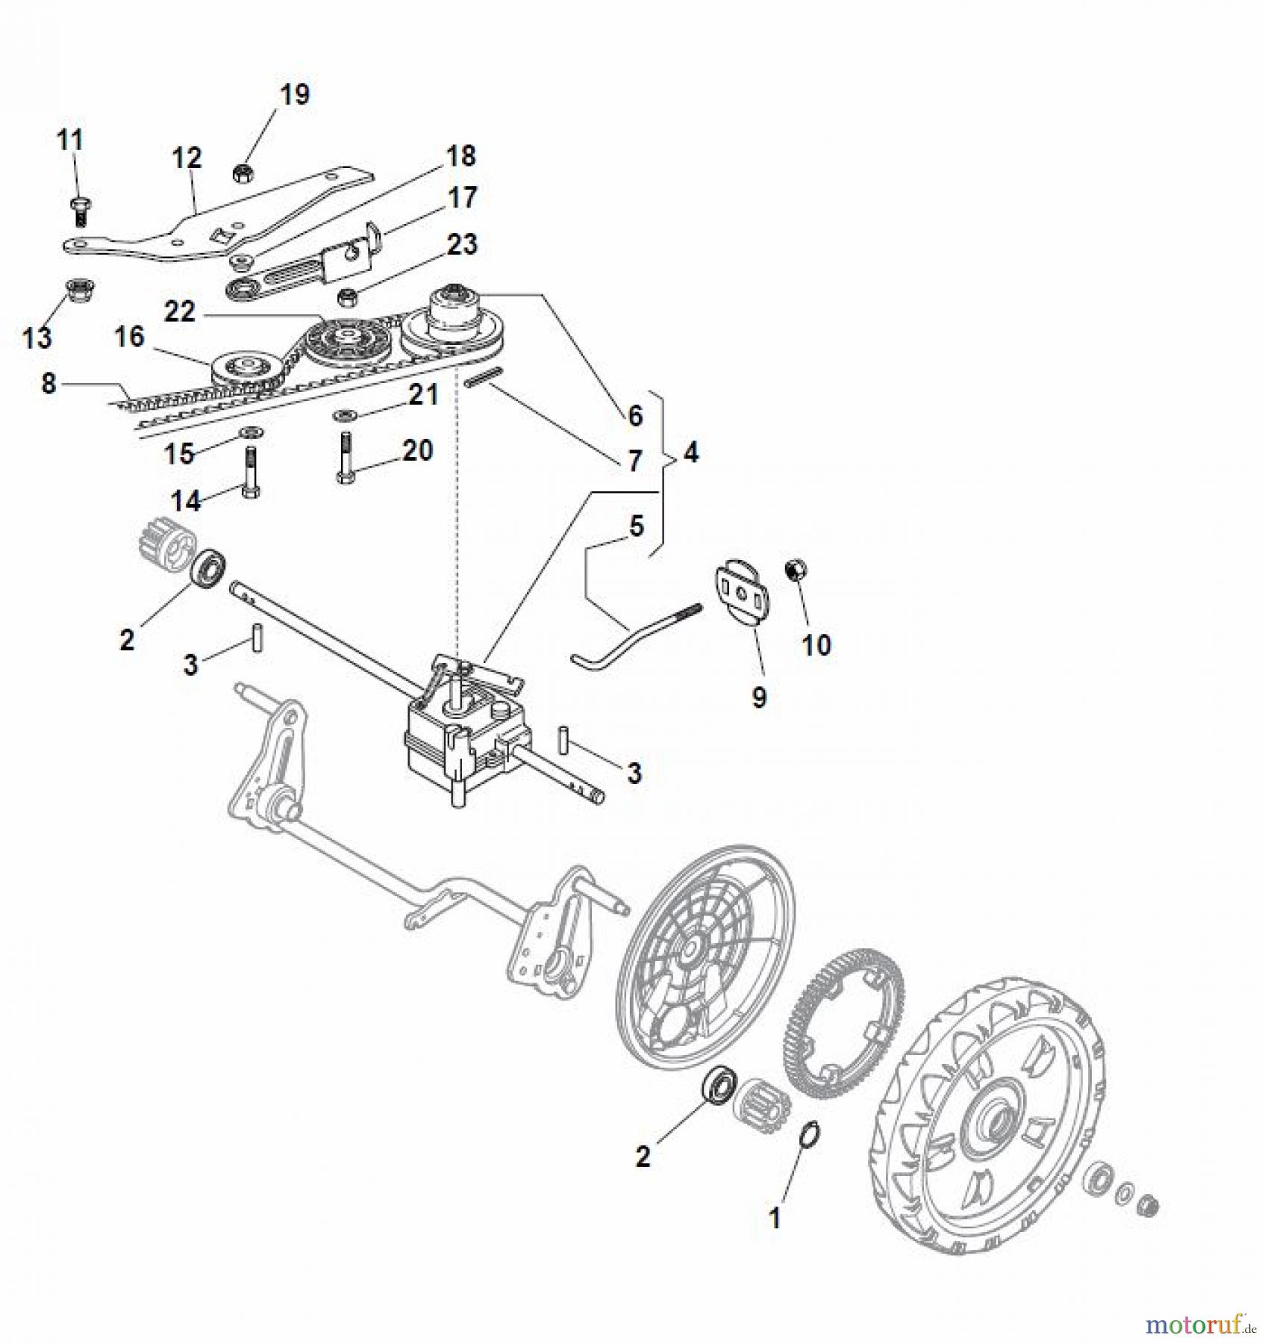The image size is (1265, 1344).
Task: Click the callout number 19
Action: point(294,95)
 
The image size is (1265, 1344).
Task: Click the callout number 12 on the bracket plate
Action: point(187,158)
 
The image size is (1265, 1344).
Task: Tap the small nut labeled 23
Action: point(347,297)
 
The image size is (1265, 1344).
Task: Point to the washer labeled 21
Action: point(346,414)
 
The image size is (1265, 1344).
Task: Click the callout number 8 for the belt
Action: point(49,384)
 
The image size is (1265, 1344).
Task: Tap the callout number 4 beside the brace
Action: point(691,452)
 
